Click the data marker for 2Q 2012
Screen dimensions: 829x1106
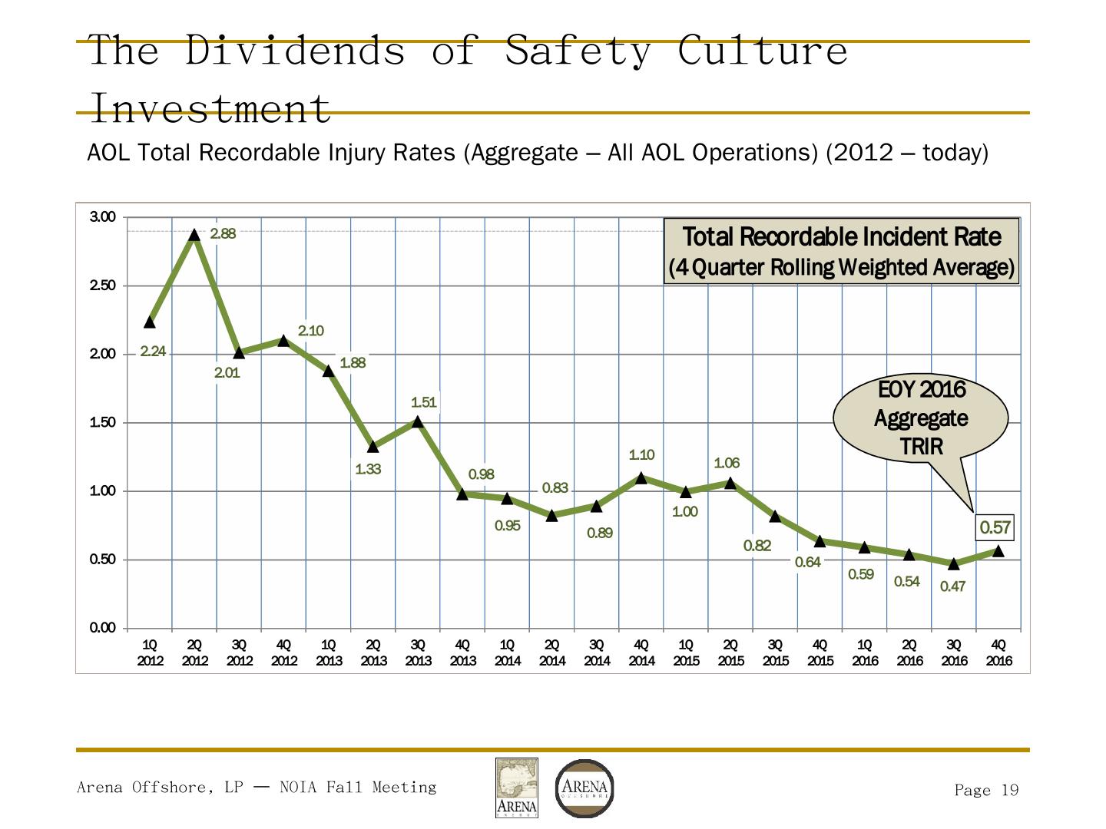tap(194, 235)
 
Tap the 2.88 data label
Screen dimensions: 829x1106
tap(223, 234)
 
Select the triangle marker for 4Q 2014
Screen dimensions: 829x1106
tap(641, 477)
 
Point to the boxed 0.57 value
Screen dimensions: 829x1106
tap(995, 527)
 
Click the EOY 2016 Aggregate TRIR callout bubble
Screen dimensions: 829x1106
tap(920, 418)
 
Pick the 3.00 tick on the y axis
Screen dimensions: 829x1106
tap(103, 217)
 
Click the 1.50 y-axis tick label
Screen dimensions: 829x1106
tap(103, 423)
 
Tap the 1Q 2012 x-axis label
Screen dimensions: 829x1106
tap(151, 652)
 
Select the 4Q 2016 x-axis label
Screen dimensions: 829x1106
tap(998, 652)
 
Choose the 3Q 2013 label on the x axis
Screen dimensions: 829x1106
tap(418, 652)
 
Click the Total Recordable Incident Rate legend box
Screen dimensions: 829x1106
tap(842, 251)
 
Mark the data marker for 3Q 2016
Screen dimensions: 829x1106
tap(954, 564)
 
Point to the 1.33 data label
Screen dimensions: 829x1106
tap(368, 469)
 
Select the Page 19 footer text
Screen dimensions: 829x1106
tap(986, 791)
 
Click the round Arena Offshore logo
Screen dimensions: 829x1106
tap(584, 788)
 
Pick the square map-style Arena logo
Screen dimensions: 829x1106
tap(516, 788)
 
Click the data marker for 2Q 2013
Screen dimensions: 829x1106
tap(373, 447)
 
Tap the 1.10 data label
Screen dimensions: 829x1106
tap(641, 455)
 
